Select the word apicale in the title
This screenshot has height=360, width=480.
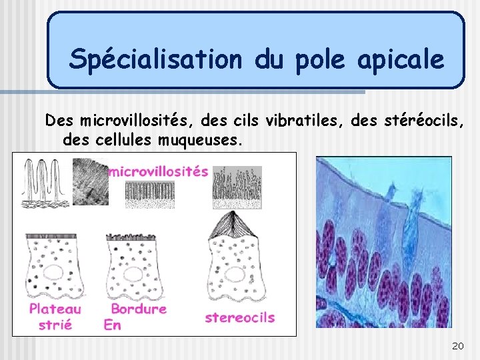400,60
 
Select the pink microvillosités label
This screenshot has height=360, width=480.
158,171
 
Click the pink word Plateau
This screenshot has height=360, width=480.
55,309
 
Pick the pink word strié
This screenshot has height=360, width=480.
55,325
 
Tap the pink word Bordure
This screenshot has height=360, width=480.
139,309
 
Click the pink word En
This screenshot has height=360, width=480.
112,325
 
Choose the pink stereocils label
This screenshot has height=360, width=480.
239,317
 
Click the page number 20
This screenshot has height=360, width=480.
457,345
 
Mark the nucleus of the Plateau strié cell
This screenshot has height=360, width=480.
53,273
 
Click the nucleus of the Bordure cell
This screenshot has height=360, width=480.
134,273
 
